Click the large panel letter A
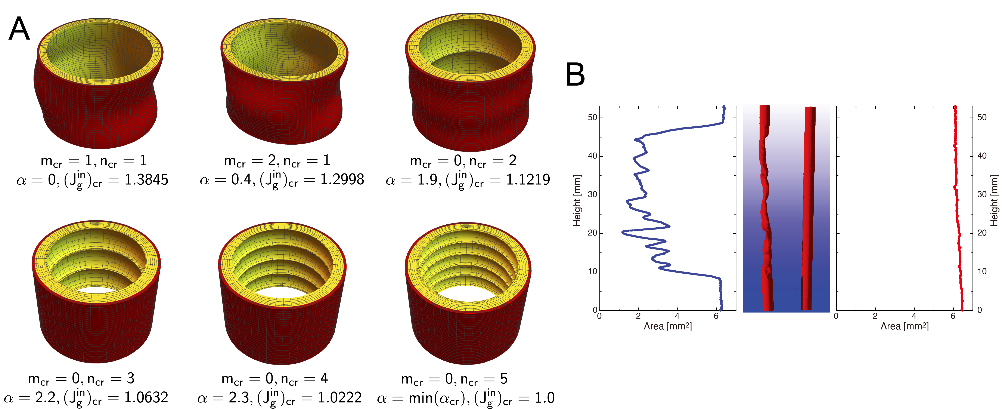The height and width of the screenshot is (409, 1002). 19,29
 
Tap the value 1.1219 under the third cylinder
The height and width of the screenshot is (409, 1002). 528,179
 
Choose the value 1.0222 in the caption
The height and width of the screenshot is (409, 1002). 339,398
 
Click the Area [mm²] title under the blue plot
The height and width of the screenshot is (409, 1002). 667,326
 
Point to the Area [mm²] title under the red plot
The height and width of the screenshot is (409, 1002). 904,326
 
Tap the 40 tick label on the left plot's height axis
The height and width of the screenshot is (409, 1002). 592,156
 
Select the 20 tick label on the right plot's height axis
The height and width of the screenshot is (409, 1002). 982,233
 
